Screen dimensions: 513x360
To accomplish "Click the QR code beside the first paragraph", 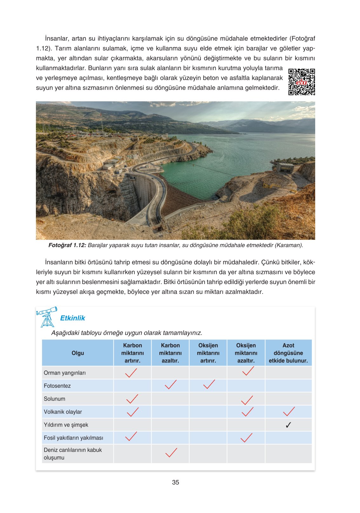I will coord(301,82).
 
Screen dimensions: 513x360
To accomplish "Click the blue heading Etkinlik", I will coord(72,318).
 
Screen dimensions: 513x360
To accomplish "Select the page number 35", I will coord(175,482).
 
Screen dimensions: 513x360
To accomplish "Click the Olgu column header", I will coord(78,353).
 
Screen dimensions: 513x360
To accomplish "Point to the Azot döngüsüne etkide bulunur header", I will coord(288,353).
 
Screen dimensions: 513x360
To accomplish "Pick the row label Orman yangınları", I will coord(65,373).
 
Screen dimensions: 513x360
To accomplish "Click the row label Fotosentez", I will coord(57,386).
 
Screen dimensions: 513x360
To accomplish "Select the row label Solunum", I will coord(54,399).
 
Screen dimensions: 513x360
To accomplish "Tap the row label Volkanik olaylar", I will coord(63,412).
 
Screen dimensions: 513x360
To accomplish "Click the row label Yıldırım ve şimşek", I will coord(66,425).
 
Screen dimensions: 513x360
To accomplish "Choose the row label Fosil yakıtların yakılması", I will coord(73,438).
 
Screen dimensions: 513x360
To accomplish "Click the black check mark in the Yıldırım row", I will coord(288,425).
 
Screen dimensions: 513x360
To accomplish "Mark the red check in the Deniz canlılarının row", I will coord(171,453).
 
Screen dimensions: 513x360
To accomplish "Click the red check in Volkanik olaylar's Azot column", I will coord(289,412).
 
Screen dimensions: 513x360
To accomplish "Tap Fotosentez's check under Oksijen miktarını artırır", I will coord(209,385).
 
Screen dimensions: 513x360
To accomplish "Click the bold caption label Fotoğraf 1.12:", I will coord(67,245).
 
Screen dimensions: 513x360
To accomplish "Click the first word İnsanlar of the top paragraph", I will coord(56,39).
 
